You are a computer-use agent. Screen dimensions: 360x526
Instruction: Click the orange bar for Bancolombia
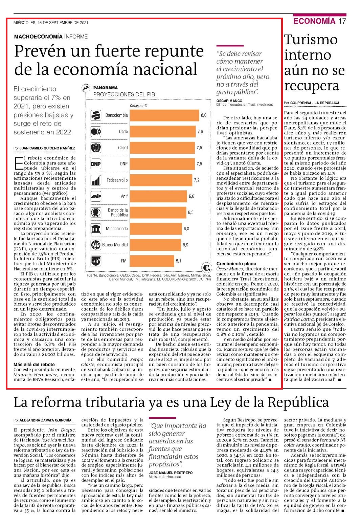tap(164, 115)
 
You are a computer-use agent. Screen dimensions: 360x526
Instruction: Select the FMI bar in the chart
tap(152, 261)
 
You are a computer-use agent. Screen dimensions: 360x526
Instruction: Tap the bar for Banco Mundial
tap(155, 245)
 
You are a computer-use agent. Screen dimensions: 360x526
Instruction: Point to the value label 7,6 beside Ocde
tap(200, 131)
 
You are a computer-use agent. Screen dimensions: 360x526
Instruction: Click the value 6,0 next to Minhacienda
tap(186, 228)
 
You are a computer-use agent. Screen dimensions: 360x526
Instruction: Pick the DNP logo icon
tap(96, 164)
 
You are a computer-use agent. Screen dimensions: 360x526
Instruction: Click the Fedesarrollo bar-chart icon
tap(96, 180)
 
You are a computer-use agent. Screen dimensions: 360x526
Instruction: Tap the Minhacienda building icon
tap(96, 228)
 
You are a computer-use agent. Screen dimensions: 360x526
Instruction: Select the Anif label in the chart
tap(124, 196)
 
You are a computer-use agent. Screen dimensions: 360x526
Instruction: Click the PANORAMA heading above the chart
tap(105, 88)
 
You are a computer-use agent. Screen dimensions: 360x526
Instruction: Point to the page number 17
tap(342, 21)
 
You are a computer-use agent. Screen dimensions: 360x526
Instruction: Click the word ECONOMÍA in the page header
tap(314, 21)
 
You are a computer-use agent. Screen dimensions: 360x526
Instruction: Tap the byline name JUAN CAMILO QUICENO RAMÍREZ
tap(47, 148)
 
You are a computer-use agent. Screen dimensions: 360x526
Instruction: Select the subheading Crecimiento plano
tap(236, 264)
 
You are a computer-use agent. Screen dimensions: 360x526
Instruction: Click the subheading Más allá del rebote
tap(34, 365)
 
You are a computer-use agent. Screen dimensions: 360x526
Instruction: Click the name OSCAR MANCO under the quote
tap(229, 101)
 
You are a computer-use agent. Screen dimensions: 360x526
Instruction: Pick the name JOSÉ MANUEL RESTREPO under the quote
tap(171, 473)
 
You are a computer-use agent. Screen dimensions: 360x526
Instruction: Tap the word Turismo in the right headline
tap(311, 40)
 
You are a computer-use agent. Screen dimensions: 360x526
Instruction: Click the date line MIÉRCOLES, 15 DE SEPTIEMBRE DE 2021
tap(51, 23)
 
